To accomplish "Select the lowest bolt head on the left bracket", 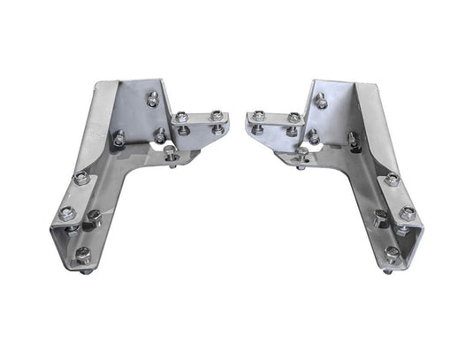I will click(x=81, y=255).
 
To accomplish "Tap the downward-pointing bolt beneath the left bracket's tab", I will click(x=171, y=155).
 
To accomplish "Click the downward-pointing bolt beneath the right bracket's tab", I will click(x=302, y=154).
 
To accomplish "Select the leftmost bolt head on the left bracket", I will click(x=64, y=212).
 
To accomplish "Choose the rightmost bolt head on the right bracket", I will click(x=408, y=212).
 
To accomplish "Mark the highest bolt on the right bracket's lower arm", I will click(x=392, y=179).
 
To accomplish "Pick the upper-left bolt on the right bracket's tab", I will click(x=258, y=116).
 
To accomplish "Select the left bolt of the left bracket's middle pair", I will click(x=121, y=136).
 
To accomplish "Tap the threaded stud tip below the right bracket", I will click(x=388, y=273).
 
